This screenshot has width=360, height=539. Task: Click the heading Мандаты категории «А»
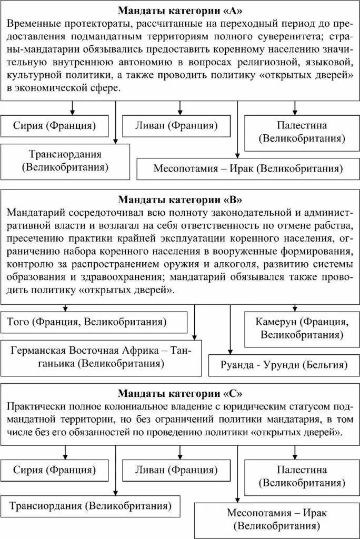[181, 11]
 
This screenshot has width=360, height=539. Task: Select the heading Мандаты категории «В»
[181, 200]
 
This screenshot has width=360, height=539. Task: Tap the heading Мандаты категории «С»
[181, 393]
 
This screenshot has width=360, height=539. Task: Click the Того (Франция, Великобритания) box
[94, 322]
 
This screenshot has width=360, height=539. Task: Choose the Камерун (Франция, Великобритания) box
[299, 328]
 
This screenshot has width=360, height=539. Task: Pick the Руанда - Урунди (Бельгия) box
[284, 364]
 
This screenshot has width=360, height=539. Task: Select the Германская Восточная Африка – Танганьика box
[101, 357]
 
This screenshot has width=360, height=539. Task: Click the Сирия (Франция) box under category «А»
[55, 126]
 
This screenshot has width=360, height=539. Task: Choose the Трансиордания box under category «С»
[90, 506]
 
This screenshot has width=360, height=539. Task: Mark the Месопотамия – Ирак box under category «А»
[248, 169]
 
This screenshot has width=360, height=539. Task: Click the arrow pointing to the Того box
[66, 307]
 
